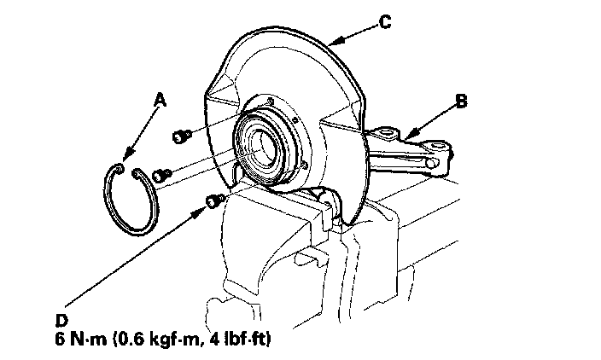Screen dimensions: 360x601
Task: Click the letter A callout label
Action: click(x=158, y=100)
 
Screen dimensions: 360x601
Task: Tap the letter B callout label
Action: click(x=461, y=102)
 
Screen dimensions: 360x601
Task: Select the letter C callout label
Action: click(x=385, y=23)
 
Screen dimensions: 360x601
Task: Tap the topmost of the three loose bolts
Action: click(x=181, y=135)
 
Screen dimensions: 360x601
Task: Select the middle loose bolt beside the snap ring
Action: click(x=162, y=176)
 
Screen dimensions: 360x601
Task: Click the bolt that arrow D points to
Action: click(x=213, y=200)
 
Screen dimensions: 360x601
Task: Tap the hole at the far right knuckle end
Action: click(x=437, y=160)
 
